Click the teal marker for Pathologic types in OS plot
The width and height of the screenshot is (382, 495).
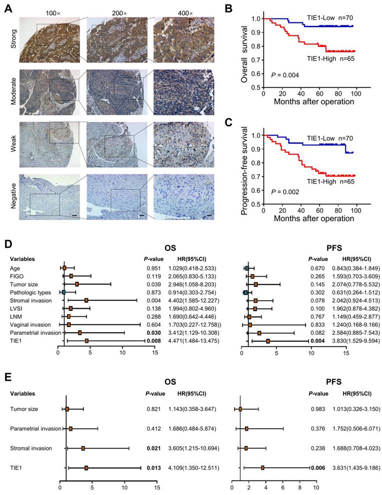point(63,292)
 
